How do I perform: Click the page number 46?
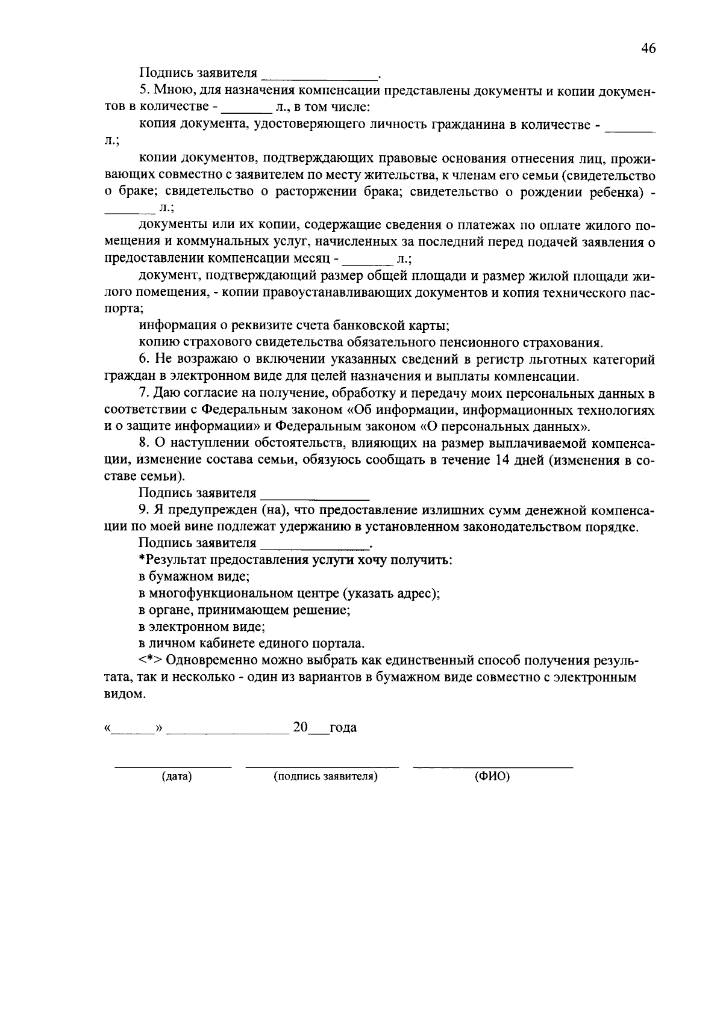point(648,49)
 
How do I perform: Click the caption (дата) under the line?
point(177,776)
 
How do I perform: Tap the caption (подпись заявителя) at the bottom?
point(325,776)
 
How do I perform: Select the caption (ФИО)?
point(492,776)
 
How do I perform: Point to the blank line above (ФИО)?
point(492,766)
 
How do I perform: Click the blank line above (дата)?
point(173,766)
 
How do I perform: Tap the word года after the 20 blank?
point(343,728)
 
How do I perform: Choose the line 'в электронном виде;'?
point(202,627)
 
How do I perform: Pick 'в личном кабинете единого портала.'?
point(252,643)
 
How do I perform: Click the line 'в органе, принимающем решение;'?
point(245,610)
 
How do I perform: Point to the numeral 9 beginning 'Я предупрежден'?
point(142,510)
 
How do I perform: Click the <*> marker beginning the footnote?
point(151,660)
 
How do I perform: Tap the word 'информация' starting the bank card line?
point(174,326)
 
